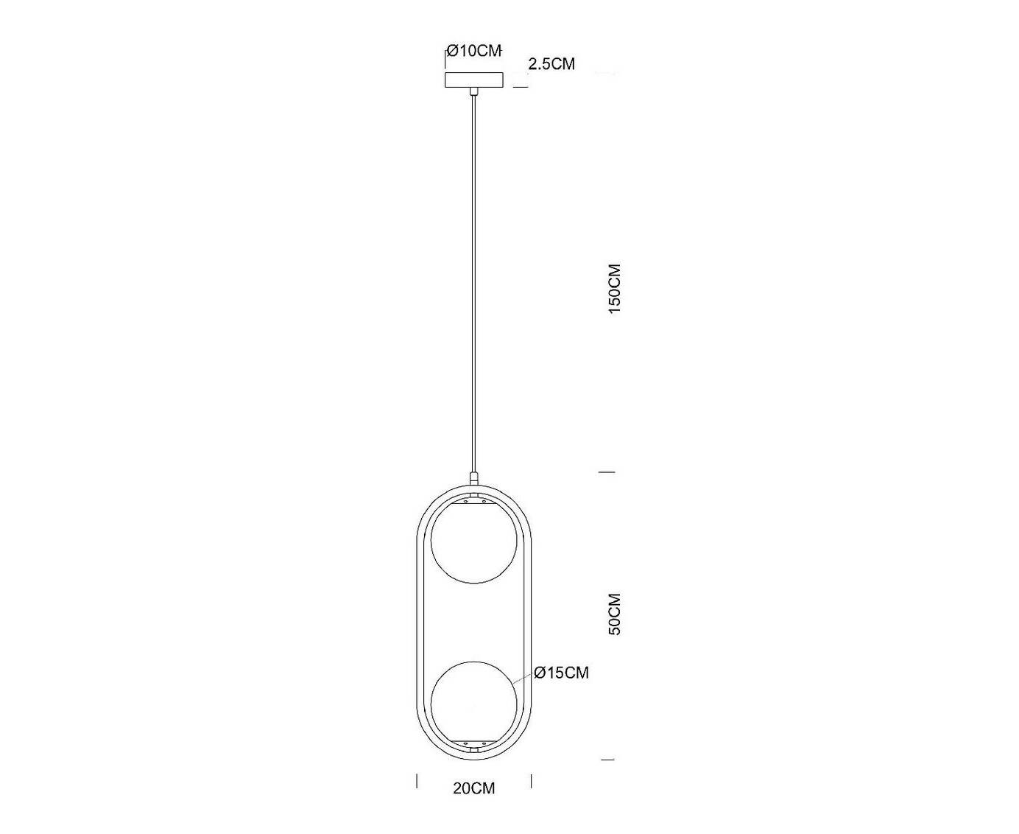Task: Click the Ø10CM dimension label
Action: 474,51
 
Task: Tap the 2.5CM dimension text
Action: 551,64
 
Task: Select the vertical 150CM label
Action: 614,289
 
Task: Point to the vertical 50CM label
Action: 614,614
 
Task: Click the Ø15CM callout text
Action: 562,673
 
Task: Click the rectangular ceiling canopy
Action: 474,80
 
